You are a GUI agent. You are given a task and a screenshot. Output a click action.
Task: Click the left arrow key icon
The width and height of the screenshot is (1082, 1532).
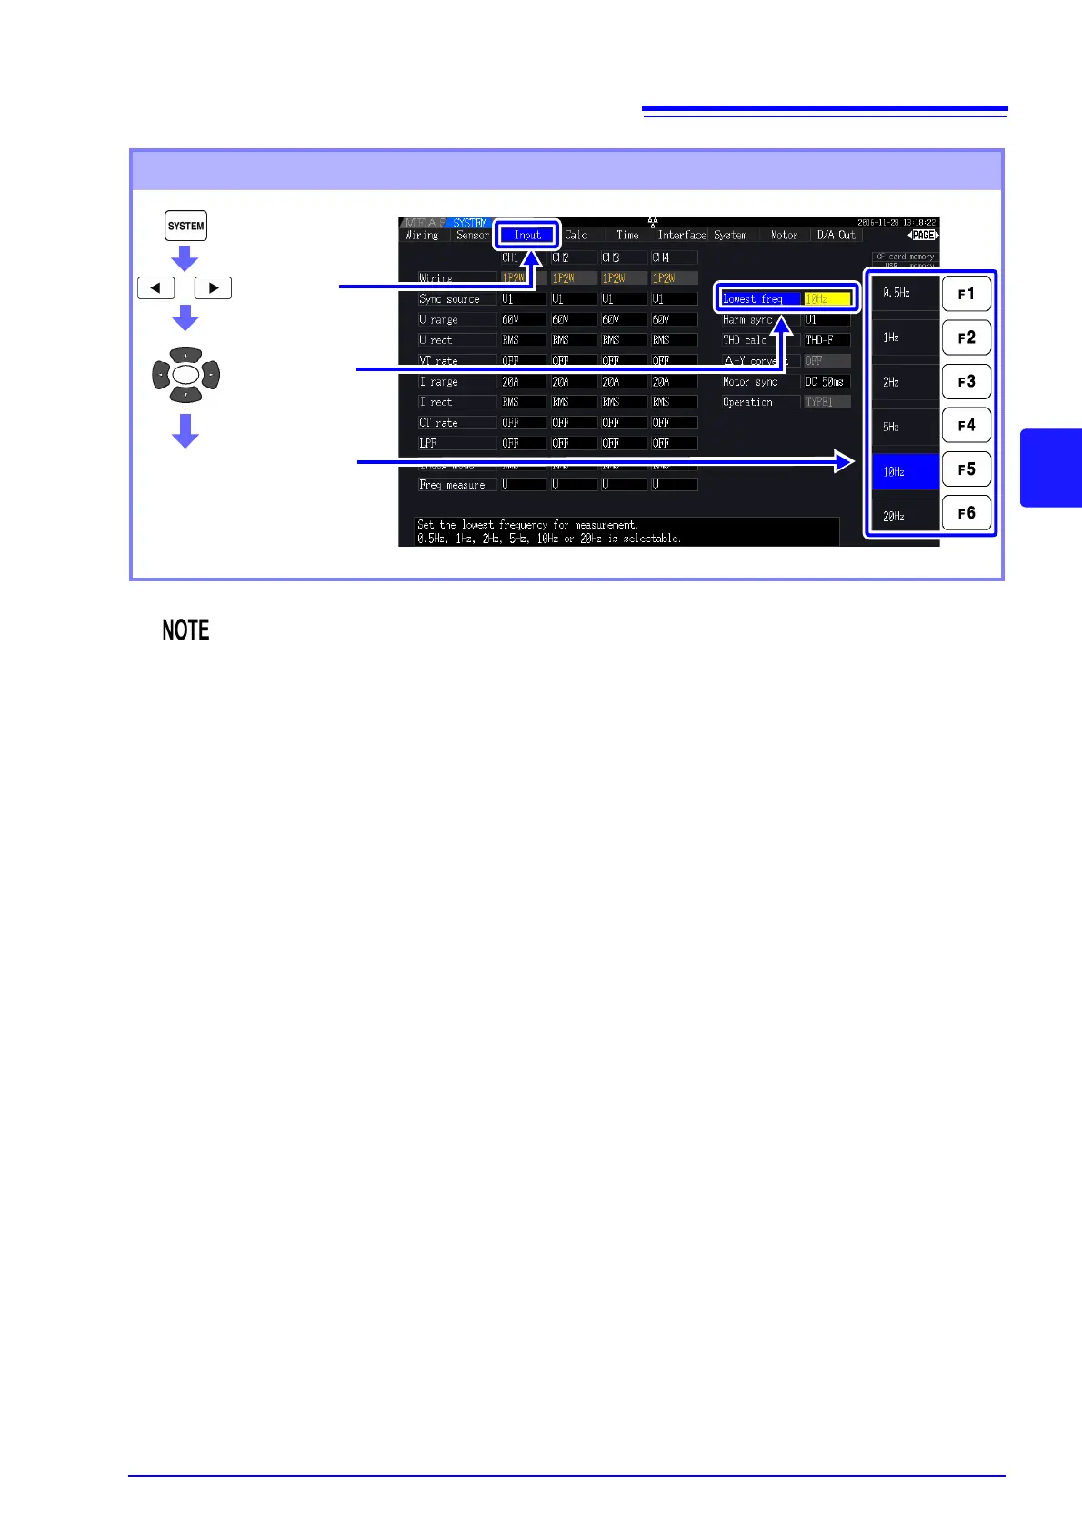click(155, 288)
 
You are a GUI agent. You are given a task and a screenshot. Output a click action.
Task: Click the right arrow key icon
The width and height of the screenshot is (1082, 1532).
click(213, 288)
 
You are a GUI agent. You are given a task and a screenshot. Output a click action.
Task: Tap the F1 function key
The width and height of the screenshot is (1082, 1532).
click(966, 294)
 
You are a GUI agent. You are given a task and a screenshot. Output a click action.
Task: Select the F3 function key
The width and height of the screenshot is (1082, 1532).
click(966, 382)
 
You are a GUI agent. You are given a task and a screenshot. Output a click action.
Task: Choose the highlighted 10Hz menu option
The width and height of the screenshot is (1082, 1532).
click(905, 472)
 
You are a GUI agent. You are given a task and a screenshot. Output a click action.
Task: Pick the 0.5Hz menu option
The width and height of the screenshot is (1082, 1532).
click(905, 294)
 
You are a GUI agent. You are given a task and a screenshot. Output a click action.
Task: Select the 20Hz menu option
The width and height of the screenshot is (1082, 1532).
click(905, 516)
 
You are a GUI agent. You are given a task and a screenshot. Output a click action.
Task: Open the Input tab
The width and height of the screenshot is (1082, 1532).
click(527, 235)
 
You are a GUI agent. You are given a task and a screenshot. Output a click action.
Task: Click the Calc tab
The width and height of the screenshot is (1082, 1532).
click(576, 235)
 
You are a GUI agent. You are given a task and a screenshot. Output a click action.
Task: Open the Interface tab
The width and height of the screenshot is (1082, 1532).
click(682, 235)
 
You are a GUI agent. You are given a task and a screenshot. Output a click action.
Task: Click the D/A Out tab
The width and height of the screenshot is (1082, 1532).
click(836, 235)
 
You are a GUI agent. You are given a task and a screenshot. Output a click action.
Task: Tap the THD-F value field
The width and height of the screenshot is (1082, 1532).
click(826, 340)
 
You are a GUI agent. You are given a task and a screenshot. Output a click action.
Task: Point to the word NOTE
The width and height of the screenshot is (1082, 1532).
click(185, 630)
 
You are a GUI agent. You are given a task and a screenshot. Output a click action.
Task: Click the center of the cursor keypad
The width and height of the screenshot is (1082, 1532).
click(185, 375)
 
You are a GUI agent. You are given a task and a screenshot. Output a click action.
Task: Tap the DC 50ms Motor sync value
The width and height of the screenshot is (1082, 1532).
click(826, 382)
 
